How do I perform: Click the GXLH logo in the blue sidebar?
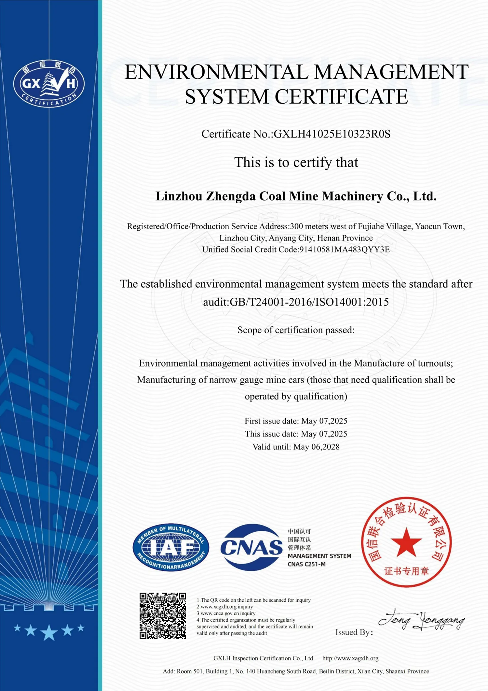49,83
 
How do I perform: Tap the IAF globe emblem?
171,548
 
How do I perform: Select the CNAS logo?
251,547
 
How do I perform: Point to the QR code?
163,616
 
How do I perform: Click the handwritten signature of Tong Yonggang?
422,620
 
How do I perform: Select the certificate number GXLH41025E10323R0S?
332,134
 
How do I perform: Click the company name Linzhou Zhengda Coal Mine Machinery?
296,196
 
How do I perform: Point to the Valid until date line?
296,447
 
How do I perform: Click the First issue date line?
296,421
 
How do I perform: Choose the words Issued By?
353,632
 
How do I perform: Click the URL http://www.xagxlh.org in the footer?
350,658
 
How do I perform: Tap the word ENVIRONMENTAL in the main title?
216,72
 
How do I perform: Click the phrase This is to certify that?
296,162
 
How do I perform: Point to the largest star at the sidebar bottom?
49,632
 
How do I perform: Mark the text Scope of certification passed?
296,330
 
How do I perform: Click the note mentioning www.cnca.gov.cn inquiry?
226,613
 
